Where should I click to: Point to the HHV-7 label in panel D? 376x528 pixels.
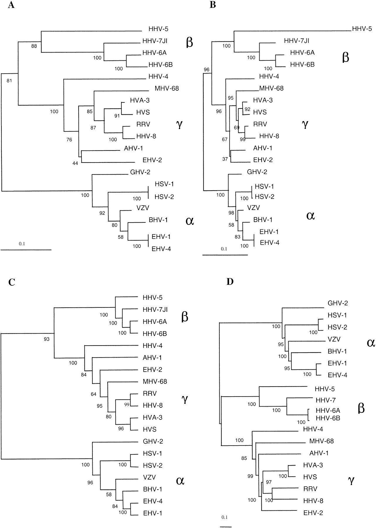click(x=326, y=400)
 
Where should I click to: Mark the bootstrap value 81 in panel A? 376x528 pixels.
click(x=9, y=81)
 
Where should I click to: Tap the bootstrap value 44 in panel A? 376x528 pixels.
click(x=75, y=163)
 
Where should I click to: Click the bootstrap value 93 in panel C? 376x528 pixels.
click(x=47, y=339)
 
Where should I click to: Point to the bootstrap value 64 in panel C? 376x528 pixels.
click(x=94, y=394)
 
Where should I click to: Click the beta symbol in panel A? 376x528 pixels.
click(x=189, y=42)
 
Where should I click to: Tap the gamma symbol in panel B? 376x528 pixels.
click(x=305, y=125)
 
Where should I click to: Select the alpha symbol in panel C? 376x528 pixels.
click(x=180, y=480)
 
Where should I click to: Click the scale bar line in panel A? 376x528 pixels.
click(x=26, y=250)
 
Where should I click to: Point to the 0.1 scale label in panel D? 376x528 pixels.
click(x=225, y=517)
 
